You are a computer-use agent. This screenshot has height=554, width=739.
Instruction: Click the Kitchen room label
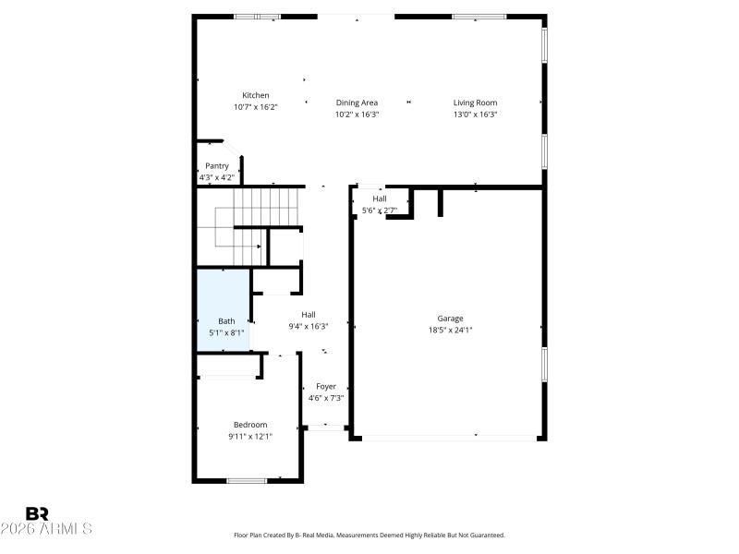256,95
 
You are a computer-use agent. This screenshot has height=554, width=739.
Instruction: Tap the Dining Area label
357,102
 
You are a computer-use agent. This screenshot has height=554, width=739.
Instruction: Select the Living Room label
475,102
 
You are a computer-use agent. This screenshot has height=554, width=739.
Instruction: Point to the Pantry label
217,166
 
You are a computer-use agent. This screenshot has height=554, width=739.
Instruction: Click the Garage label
450,319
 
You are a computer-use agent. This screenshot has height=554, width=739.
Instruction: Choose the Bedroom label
249,425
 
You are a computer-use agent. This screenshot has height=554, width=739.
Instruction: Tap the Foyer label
326,387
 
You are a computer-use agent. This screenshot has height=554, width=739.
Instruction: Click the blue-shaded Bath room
223,309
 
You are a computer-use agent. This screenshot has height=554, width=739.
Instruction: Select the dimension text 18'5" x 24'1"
450,331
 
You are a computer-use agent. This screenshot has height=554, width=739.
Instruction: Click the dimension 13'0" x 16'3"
475,114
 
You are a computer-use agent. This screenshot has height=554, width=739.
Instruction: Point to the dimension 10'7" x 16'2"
256,107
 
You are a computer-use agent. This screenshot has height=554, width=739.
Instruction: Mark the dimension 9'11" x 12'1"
249,437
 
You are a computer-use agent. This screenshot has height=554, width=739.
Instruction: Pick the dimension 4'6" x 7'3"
326,398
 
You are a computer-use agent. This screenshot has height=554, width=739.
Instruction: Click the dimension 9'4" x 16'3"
309,326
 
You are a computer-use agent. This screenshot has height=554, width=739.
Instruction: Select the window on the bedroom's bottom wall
247,480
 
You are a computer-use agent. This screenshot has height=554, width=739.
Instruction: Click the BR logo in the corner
38,513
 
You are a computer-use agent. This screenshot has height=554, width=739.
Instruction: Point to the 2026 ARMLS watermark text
46,529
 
